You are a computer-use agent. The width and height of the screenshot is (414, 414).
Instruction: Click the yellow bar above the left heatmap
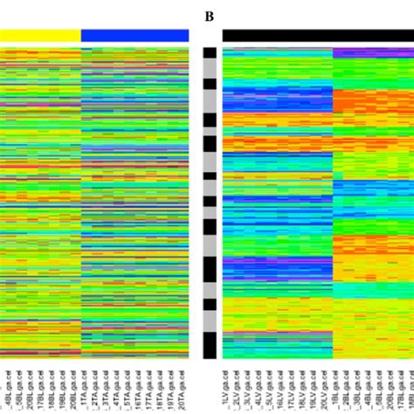pyautogui.click(x=40, y=35)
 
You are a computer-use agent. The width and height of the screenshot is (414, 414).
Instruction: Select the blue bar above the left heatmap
pyautogui.click(x=135, y=35)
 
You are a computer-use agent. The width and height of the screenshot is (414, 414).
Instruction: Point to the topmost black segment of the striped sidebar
pyautogui.click(x=210, y=52)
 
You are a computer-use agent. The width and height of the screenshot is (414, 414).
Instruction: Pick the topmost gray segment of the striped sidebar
pyautogui.click(x=210, y=69)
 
